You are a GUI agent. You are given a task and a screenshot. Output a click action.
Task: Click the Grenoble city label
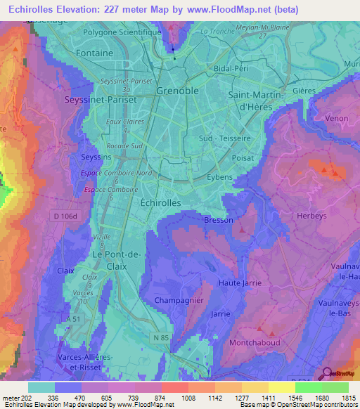click(x=177, y=91)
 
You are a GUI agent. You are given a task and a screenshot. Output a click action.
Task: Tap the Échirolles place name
click(x=161, y=202)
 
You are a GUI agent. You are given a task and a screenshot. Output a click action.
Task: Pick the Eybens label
click(x=219, y=177)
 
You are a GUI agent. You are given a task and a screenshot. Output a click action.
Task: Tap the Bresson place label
click(x=218, y=220)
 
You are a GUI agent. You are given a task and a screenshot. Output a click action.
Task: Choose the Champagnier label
click(x=179, y=300)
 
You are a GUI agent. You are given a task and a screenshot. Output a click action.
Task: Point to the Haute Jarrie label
click(x=240, y=283)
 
